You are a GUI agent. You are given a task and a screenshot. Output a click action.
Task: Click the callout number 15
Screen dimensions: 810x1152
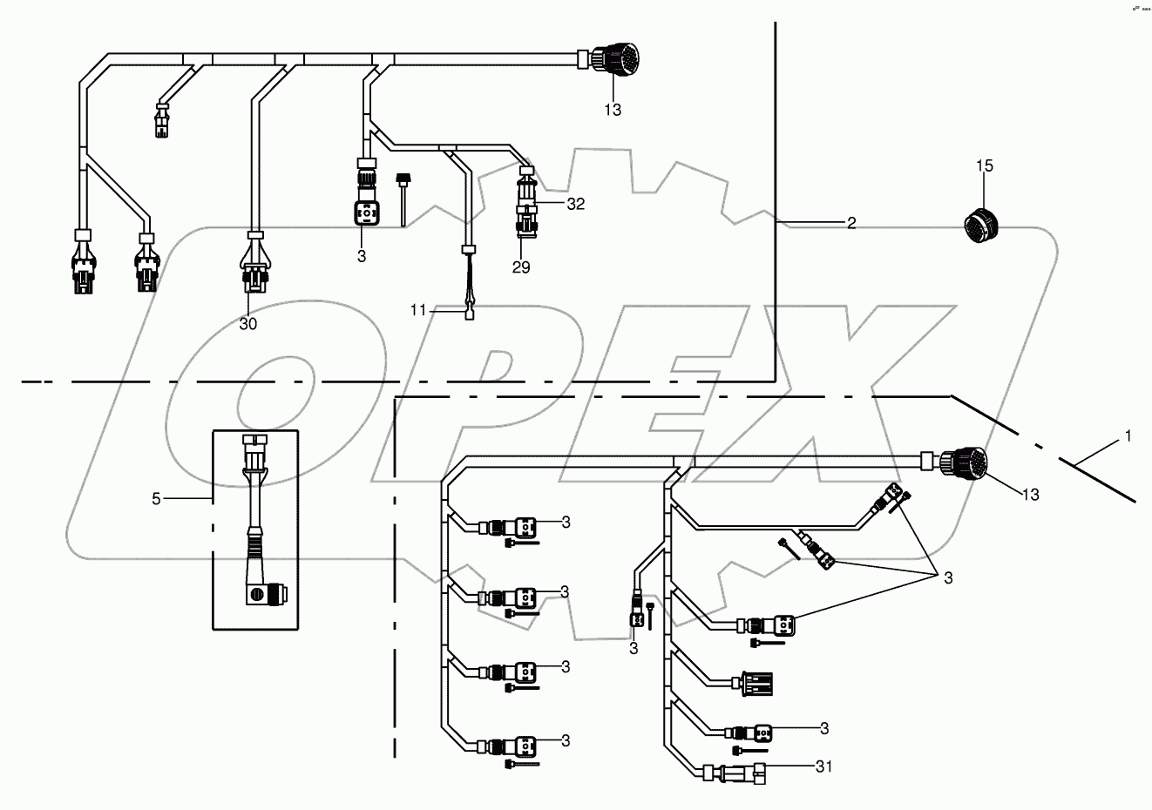[x=984, y=165]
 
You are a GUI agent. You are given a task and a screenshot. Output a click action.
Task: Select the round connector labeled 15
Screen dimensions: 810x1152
[x=980, y=225]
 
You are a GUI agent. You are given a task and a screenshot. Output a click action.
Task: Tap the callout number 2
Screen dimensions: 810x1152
[x=850, y=224]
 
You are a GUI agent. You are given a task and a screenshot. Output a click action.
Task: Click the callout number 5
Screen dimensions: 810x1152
[x=157, y=499]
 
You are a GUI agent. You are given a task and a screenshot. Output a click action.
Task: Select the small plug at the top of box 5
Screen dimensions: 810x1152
[x=255, y=443]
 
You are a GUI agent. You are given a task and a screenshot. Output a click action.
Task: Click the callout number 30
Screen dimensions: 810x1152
[x=248, y=323]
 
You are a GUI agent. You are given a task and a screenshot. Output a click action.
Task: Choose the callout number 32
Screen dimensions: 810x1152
[x=575, y=205]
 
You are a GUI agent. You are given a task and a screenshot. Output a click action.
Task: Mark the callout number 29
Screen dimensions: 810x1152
[x=520, y=267]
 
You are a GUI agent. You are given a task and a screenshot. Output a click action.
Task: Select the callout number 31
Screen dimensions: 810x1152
[x=824, y=766]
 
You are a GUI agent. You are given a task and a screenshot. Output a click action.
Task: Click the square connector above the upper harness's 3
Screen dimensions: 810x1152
[x=365, y=214]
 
